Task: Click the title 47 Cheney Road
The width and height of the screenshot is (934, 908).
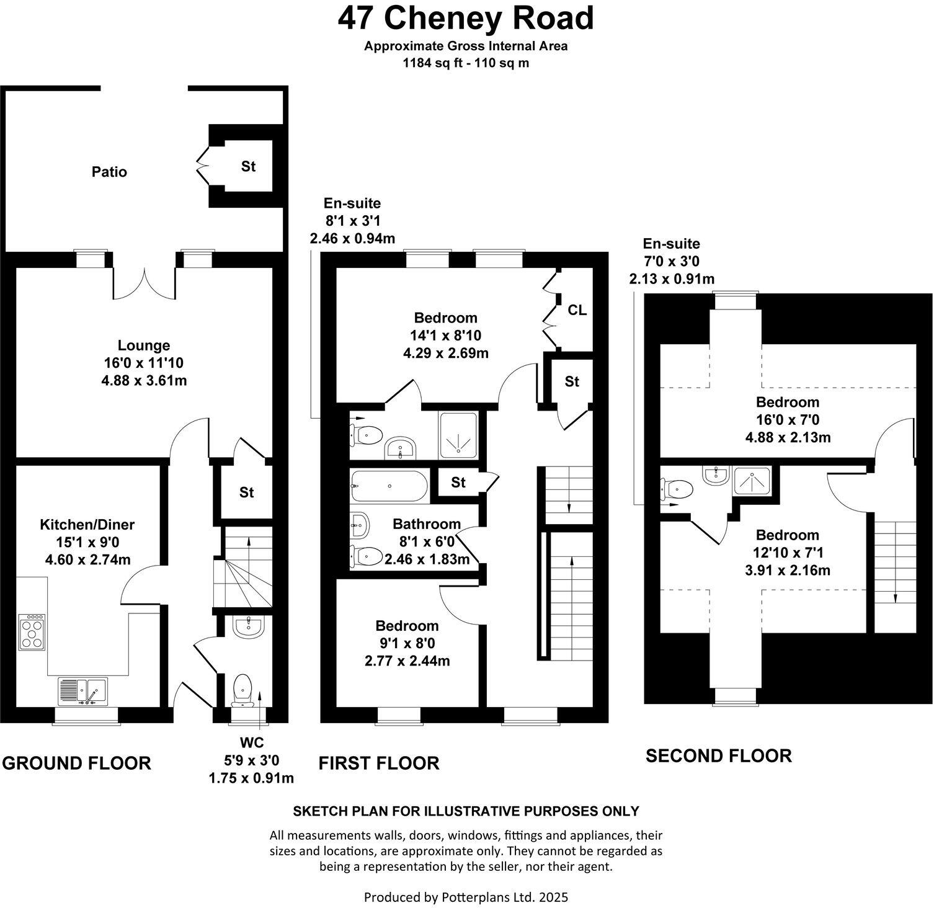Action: pyautogui.click(x=466, y=19)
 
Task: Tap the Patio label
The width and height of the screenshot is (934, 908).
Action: pyautogui.click(x=109, y=172)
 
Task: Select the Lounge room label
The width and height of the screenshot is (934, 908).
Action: pyautogui.click(x=144, y=345)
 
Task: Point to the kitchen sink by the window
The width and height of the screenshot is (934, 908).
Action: pyautogui.click(x=83, y=690)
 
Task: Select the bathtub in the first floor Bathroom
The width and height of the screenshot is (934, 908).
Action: pyautogui.click(x=389, y=486)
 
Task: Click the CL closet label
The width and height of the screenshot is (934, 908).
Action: pyautogui.click(x=577, y=310)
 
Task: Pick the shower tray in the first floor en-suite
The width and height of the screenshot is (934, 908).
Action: pyautogui.click(x=458, y=435)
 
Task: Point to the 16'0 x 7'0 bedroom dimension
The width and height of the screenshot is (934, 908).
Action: pyautogui.click(x=788, y=420)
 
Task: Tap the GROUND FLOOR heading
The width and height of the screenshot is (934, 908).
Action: pyautogui.click(x=76, y=763)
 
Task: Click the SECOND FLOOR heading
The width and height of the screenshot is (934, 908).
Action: pyautogui.click(x=718, y=755)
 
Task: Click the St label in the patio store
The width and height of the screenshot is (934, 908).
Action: pyautogui.click(x=248, y=166)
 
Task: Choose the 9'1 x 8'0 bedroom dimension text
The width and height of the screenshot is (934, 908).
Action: pyautogui.click(x=407, y=643)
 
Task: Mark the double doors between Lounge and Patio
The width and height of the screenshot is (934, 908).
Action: pyautogui.click(x=145, y=283)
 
